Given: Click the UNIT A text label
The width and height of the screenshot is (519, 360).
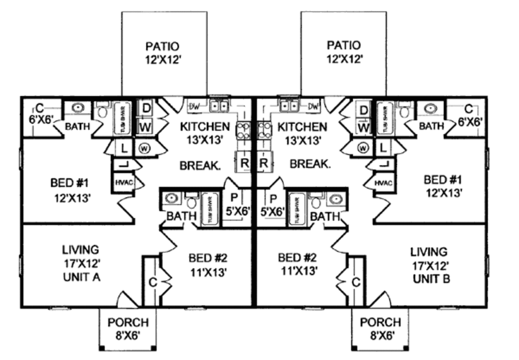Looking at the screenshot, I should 81,277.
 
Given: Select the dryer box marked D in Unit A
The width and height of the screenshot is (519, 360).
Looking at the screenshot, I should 145,108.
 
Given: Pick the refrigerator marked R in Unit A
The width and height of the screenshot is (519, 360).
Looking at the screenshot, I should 244,163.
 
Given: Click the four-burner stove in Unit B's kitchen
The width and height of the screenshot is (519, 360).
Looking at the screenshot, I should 265,130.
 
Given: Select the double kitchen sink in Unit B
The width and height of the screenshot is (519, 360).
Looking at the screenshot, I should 289,106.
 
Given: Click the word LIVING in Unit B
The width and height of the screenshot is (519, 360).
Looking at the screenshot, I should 429,252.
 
